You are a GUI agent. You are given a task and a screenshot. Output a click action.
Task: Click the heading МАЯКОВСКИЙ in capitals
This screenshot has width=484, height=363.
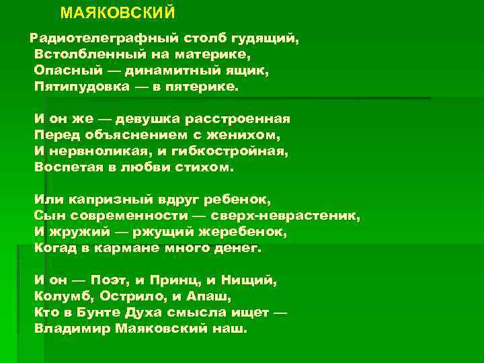coord(118,13)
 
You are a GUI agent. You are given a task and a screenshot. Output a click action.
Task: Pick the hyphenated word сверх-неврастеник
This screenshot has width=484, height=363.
coord(286,216)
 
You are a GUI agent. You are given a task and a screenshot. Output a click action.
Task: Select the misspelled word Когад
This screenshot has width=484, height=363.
coord(55,248)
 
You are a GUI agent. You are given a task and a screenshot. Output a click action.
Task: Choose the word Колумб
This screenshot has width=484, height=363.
coord(63,296)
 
